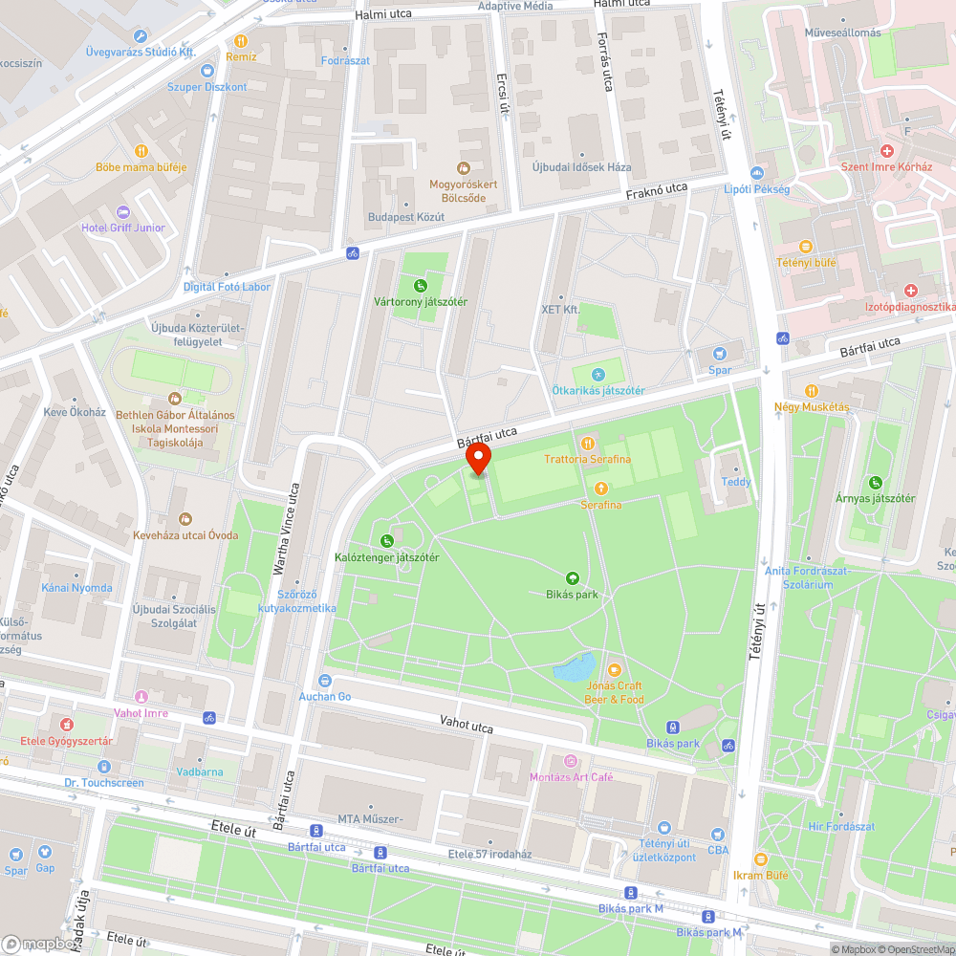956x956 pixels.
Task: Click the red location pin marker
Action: click(478, 459)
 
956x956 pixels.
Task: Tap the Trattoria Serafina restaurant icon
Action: click(588, 444)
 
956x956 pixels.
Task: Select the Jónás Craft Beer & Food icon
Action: click(615, 670)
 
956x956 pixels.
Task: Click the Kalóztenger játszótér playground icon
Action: click(386, 541)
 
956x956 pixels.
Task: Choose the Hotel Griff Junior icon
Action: click(122, 212)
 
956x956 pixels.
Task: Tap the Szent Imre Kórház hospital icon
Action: click(887, 152)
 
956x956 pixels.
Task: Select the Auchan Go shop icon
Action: click(325, 681)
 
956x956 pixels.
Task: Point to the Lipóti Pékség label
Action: click(756, 189)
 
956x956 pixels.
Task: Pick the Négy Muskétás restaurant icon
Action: click(812, 390)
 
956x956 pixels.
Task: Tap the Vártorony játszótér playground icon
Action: click(420, 285)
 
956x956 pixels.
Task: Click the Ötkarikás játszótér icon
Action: click(598, 375)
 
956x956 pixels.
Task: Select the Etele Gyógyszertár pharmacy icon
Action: click(66, 725)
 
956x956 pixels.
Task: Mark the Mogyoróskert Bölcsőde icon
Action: click(465, 168)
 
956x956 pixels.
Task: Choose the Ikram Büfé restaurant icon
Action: click(761, 859)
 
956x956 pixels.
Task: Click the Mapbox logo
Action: click(40, 943)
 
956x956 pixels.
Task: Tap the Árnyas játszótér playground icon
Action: click(875, 483)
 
